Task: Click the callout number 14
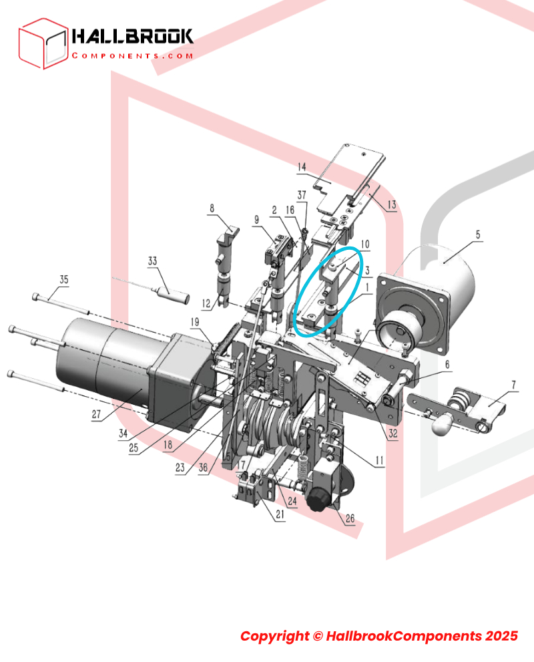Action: tap(301, 166)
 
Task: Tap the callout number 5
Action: tap(477, 234)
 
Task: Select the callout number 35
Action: tap(63, 279)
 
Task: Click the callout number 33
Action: tap(152, 261)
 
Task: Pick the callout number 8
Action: tap(212, 208)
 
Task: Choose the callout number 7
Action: tap(513, 385)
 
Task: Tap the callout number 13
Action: tap(390, 206)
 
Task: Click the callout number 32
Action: tap(393, 434)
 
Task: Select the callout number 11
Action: tap(379, 460)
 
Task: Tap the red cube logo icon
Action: tap(43, 43)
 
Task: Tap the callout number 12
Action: tap(206, 303)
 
